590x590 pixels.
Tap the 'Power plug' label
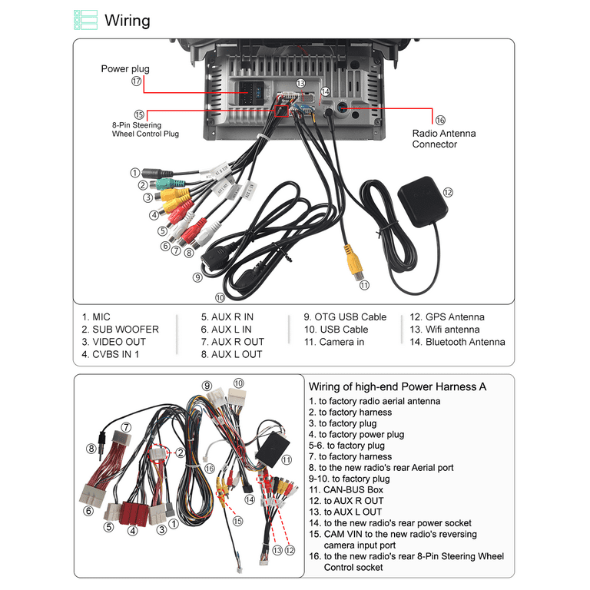[125, 69]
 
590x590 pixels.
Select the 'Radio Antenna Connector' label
[443, 138]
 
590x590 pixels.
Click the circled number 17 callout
[137, 81]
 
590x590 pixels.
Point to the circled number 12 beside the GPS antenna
[448, 193]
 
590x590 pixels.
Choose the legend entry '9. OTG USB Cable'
[345, 317]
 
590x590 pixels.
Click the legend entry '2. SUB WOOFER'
[120, 329]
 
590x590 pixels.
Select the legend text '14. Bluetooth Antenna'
[457, 341]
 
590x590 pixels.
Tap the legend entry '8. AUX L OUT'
[231, 354]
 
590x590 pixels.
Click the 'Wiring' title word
[128, 20]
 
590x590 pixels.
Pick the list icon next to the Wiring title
[85, 20]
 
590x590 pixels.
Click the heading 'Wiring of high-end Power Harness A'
[397, 386]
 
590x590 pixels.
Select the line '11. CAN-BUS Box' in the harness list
[346, 489]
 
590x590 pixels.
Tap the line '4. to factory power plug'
[356, 434]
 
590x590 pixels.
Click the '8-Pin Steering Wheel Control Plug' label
[145, 128]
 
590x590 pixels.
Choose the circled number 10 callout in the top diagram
[220, 297]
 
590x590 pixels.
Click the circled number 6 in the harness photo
[88, 510]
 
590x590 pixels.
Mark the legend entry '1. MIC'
[96, 317]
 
